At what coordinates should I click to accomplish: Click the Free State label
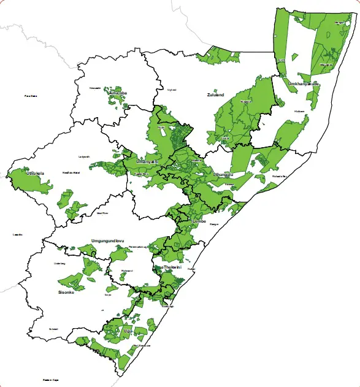tap(31, 96)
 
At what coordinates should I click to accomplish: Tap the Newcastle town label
tap(94, 88)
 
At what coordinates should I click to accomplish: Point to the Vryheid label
tap(172, 90)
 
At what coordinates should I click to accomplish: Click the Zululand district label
tap(215, 95)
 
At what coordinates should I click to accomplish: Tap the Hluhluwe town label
tap(299, 111)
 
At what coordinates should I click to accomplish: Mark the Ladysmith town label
tap(85, 156)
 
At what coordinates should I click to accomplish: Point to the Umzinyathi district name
tap(147, 161)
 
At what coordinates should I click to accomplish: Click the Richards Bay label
tap(279, 177)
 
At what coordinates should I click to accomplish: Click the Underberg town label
tap(59, 263)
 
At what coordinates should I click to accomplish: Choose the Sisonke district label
tap(66, 293)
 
